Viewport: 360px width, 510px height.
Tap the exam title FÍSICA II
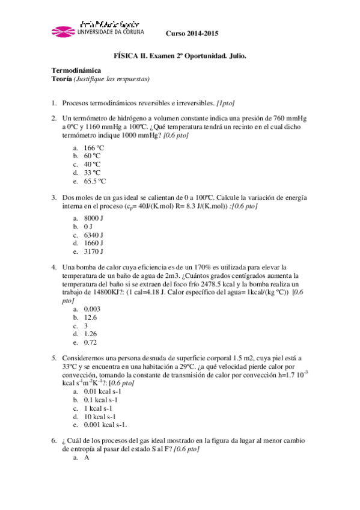point(130,55)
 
